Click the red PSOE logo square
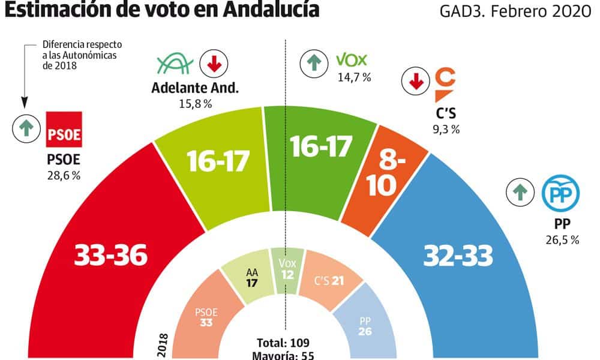pyautogui.click(x=64, y=129)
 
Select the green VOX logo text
pyautogui.click(x=351, y=60)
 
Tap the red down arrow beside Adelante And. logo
pyautogui.click(x=211, y=64)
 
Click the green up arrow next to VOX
pyautogui.click(x=312, y=62)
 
